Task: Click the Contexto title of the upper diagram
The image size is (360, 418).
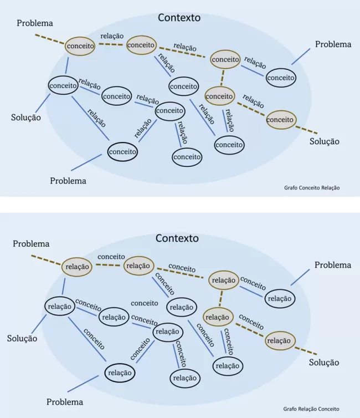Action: tap(179, 18)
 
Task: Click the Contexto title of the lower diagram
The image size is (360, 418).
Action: tap(177, 238)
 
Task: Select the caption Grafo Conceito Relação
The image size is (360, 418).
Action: tap(312, 188)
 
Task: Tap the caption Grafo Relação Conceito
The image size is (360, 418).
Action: tap(311, 409)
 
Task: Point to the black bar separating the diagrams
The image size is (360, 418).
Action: tap(180, 204)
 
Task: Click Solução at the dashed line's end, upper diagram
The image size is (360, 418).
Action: tap(324, 141)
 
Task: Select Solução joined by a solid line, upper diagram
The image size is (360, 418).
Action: tap(26, 118)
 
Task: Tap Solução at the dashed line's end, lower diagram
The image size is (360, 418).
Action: tap(323, 363)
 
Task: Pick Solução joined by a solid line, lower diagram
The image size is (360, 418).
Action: tap(22, 338)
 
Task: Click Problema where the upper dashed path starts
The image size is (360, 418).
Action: tap(35, 23)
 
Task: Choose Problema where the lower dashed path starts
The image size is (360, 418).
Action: tap(31, 244)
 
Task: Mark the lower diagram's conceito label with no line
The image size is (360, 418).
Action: tap(145, 303)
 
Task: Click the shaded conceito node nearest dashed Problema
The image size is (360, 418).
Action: tap(80, 46)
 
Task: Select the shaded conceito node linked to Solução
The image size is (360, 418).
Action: tap(280, 119)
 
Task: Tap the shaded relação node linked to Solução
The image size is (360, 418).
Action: tap(279, 340)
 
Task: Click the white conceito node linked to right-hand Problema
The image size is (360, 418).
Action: tap(280, 78)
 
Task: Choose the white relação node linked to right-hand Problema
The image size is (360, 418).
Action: tap(279, 298)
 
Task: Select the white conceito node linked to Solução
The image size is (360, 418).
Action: tap(63, 86)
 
